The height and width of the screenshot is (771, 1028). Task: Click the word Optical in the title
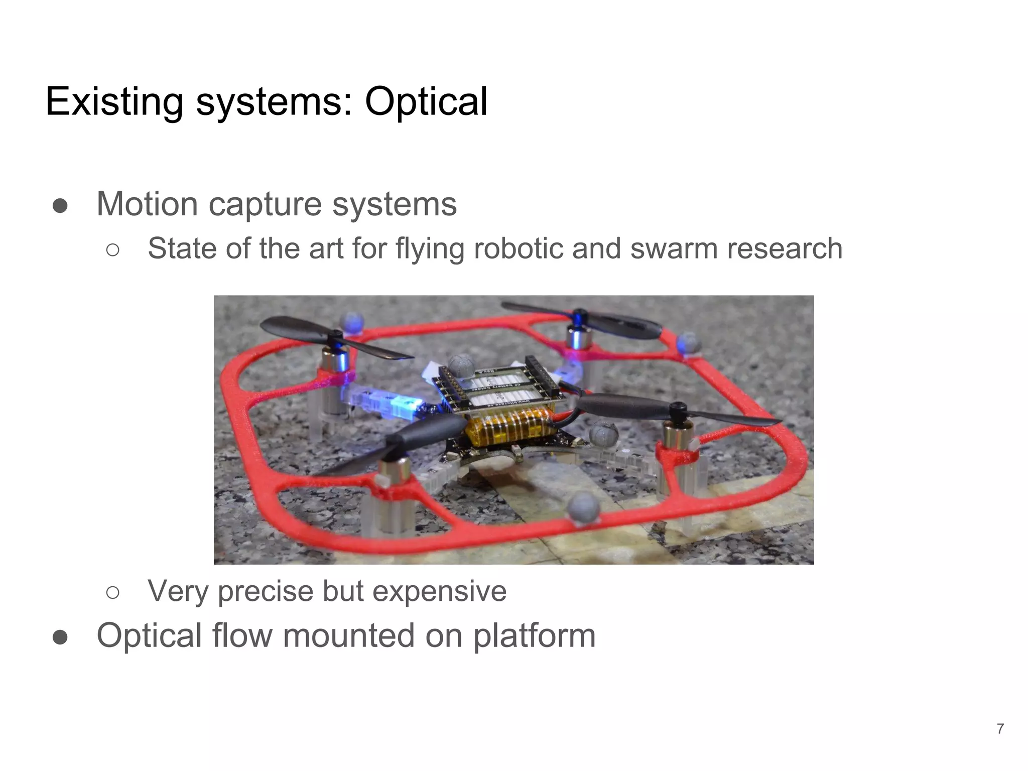point(426,102)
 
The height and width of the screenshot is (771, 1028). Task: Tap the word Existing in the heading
point(114,102)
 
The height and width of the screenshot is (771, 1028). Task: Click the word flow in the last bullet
point(242,636)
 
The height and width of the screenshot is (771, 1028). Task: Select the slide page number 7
point(1000,728)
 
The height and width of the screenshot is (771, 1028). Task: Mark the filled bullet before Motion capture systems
point(60,205)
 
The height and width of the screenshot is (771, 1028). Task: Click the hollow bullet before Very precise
point(113,592)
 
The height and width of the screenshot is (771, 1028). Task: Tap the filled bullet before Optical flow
point(60,637)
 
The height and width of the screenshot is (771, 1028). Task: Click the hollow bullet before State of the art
point(113,249)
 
